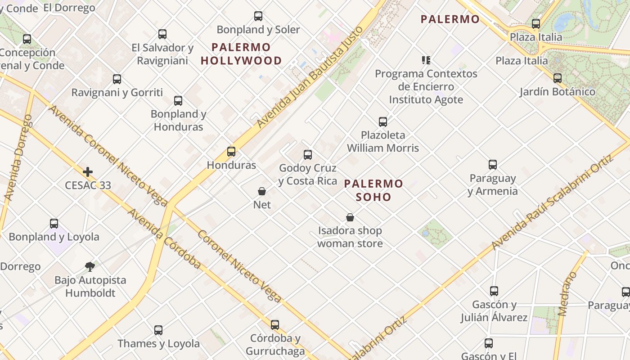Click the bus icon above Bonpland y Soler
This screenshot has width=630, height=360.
click(x=258, y=16)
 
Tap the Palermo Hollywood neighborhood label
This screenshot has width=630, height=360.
click(x=241, y=54)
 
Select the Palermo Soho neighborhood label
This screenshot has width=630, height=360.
click(x=373, y=190)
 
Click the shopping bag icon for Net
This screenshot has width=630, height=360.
click(x=262, y=192)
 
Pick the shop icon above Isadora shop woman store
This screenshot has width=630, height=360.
click(x=350, y=218)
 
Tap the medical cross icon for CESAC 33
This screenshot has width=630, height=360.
click(x=88, y=172)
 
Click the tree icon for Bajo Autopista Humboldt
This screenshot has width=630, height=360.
click(x=90, y=267)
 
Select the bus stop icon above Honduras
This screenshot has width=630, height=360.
click(x=231, y=152)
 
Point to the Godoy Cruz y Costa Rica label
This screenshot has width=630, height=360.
click(x=308, y=175)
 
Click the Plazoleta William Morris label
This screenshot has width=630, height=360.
click(x=383, y=141)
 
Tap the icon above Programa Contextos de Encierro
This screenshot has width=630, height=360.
click(x=426, y=60)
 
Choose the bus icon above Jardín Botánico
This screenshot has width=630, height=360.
click(x=558, y=78)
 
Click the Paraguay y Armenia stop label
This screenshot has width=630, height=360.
click(x=493, y=184)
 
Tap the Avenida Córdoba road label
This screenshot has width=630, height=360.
click(x=164, y=238)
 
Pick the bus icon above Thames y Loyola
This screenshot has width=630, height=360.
click(x=158, y=330)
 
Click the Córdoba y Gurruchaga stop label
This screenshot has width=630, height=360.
click(x=275, y=345)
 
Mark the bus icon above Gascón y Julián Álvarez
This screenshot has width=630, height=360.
click(x=494, y=291)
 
